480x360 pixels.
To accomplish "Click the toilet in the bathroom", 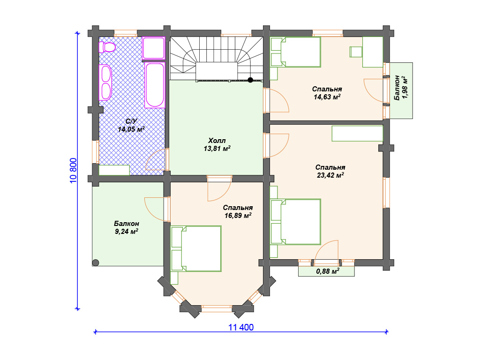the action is [x=107, y=47].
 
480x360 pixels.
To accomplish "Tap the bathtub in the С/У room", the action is [x=155, y=85].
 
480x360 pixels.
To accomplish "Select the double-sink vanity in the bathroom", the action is [x=105, y=82].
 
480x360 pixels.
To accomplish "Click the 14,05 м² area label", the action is [x=131, y=129].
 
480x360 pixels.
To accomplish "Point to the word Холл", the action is [x=217, y=141].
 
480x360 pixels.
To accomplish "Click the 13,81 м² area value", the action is [x=217, y=149].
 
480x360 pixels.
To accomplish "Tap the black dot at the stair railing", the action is [x=250, y=80].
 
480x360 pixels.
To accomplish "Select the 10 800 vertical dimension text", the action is [x=74, y=171].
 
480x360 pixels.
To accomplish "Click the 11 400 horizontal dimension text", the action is [x=241, y=328].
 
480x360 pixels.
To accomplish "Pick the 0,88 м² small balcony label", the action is [x=328, y=271].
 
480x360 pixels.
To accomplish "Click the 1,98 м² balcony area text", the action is [x=405, y=87].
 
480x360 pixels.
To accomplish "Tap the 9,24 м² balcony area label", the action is [x=127, y=232].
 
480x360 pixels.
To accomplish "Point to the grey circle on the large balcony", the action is [x=96, y=262].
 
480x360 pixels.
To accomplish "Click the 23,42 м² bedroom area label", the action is [x=330, y=175].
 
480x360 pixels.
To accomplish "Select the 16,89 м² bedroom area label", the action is [x=238, y=216].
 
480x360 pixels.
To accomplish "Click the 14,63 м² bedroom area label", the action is [x=327, y=97].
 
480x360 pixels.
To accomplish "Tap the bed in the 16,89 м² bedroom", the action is [x=196, y=248].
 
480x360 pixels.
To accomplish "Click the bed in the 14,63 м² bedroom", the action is [x=296, y=52].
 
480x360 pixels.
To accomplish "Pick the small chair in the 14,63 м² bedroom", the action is [x=356, y=52].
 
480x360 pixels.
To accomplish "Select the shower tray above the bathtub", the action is [x=154, y=48].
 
